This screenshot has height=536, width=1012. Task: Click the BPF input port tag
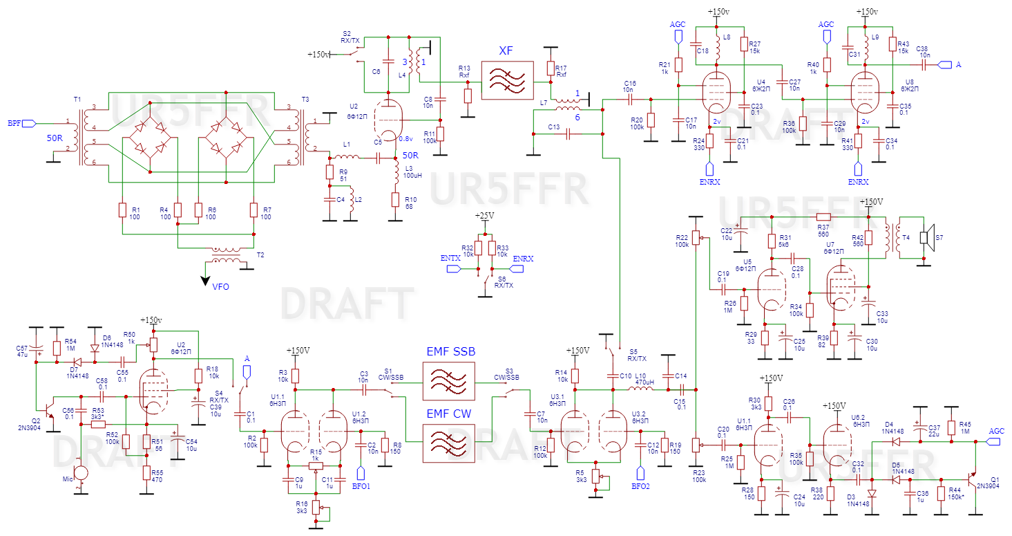tap(29, 124)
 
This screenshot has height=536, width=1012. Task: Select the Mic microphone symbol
tap(81, 473)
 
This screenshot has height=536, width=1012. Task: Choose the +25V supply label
tap(485, 216)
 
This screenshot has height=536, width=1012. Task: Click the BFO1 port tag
tap(360, 473)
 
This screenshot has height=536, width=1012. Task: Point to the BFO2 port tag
tap(640, 473)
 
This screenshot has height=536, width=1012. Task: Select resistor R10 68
tap(395, 200)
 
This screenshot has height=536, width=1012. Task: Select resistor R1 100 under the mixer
tap(122, 210)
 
